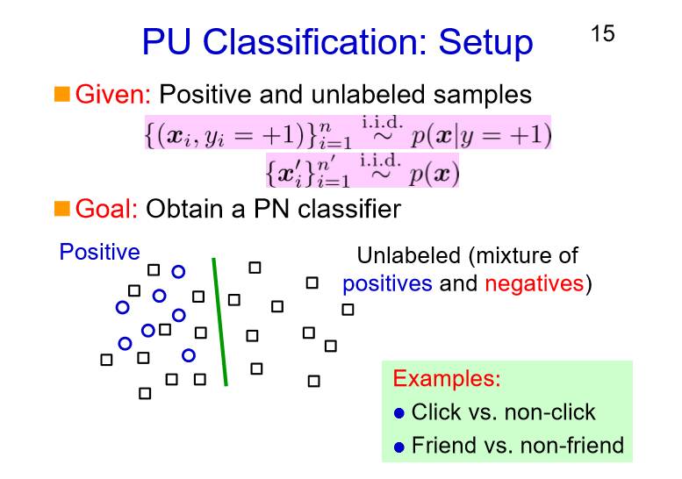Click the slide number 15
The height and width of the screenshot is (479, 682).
click(x=602, y=34)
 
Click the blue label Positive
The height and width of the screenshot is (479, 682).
click(x=99, y=253)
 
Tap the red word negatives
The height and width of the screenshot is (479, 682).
click(x=534, y=283)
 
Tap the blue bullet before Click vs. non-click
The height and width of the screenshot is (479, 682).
click(x=399, y=413)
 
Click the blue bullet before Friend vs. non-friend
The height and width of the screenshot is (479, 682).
click(x=399, y=447)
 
